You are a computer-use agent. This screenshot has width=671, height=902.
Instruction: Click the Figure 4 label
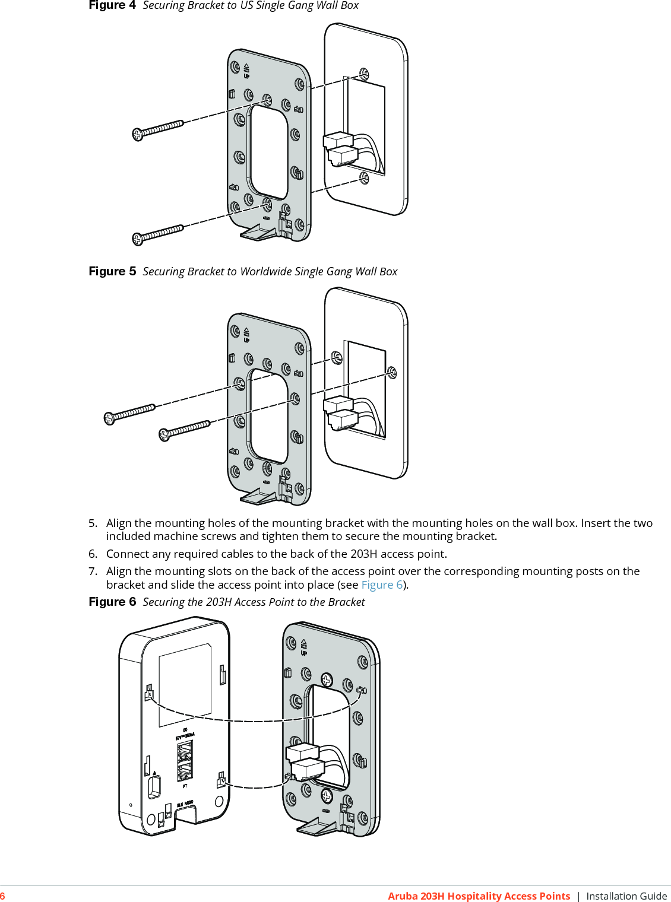(112, 5)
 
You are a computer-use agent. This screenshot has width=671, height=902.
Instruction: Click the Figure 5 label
(112, 271)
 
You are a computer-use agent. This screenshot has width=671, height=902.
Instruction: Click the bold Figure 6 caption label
(112, 602)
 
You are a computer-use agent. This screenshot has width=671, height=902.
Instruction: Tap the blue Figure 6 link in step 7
(382, 585)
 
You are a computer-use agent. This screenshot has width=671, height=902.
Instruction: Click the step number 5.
(93, 523)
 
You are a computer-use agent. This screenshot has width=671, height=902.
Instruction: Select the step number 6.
(93, 554)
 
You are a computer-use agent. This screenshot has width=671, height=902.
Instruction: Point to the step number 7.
(93, 571)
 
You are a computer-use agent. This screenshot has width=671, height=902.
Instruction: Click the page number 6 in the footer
(3, 896)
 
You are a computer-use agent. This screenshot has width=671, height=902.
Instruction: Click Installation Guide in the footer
(626, 896)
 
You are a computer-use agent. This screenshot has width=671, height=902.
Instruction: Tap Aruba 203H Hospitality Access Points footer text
(479, 896)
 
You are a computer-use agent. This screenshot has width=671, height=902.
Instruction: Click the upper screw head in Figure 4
(138, 135)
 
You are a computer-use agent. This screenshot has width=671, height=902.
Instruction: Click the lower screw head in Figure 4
(138, 239)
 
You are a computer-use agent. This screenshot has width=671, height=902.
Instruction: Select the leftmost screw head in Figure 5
(109, 419)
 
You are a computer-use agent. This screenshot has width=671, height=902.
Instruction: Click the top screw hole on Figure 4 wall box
(364, 74)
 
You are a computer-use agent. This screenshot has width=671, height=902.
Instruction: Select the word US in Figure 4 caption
(246, 5)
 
